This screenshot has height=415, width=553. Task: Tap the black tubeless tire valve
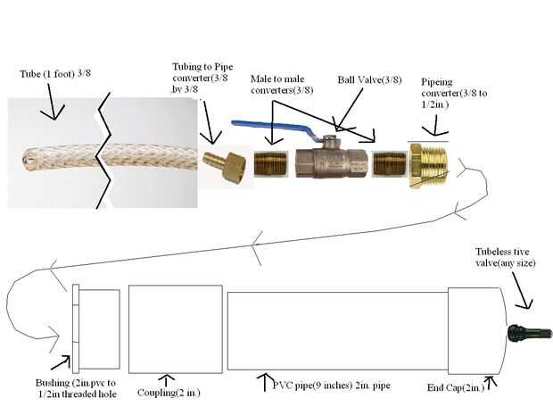[x=530, y=333]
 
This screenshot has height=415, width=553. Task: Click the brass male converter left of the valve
[x=271, y=163]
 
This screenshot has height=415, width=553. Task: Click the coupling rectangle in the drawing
[x=176, y=329]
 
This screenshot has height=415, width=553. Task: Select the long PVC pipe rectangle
[x=337, y=330]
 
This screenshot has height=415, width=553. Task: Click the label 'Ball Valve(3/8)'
[x=369, y=79]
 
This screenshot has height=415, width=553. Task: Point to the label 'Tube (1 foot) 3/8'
[x=55, y=73]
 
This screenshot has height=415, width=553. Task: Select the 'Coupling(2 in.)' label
[x=169, y=393]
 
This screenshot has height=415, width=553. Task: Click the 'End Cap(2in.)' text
[x=455, y=387]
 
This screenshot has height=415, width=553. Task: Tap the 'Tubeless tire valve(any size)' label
[x=506, y=257]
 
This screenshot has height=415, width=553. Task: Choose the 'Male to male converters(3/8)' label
[x=282, y=85]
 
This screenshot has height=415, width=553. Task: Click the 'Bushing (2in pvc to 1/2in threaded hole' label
[x=76, y=388]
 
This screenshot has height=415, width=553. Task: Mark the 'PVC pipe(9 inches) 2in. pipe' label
[x=332, y=385]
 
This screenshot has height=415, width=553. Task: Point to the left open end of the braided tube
[x=26, y=161]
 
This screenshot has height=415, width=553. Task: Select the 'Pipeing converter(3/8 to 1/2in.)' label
[x=454, y=93]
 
